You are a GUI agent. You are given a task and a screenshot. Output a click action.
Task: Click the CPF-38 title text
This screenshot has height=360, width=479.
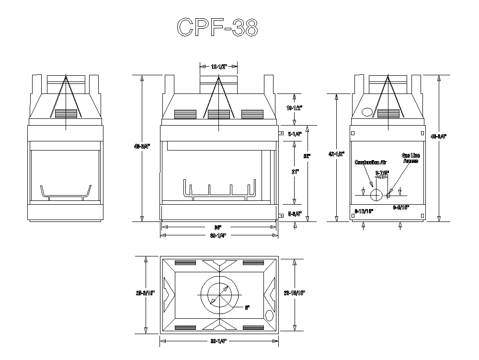217,28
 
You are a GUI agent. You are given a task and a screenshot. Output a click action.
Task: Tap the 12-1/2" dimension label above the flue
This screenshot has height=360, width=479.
218,67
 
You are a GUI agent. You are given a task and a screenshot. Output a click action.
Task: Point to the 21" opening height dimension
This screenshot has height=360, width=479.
294,172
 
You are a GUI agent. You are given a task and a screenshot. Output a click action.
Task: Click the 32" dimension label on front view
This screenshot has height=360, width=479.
307,156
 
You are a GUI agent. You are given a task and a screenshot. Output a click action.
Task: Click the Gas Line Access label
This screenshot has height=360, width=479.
410,158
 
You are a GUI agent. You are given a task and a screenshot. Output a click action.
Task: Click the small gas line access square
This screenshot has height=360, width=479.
388,195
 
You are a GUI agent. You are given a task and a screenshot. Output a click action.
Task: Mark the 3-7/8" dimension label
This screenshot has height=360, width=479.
382,172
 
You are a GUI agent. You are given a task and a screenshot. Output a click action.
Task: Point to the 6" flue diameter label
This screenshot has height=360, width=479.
247,307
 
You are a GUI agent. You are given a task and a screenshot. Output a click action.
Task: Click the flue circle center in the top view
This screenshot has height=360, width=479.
219,294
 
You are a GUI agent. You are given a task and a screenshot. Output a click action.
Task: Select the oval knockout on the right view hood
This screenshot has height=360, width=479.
367,112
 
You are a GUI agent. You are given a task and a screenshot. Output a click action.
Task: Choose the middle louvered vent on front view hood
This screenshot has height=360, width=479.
219,114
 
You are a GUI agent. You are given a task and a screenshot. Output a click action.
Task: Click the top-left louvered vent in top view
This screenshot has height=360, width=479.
185,262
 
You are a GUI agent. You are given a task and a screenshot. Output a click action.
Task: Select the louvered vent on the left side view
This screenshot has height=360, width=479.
66,113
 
